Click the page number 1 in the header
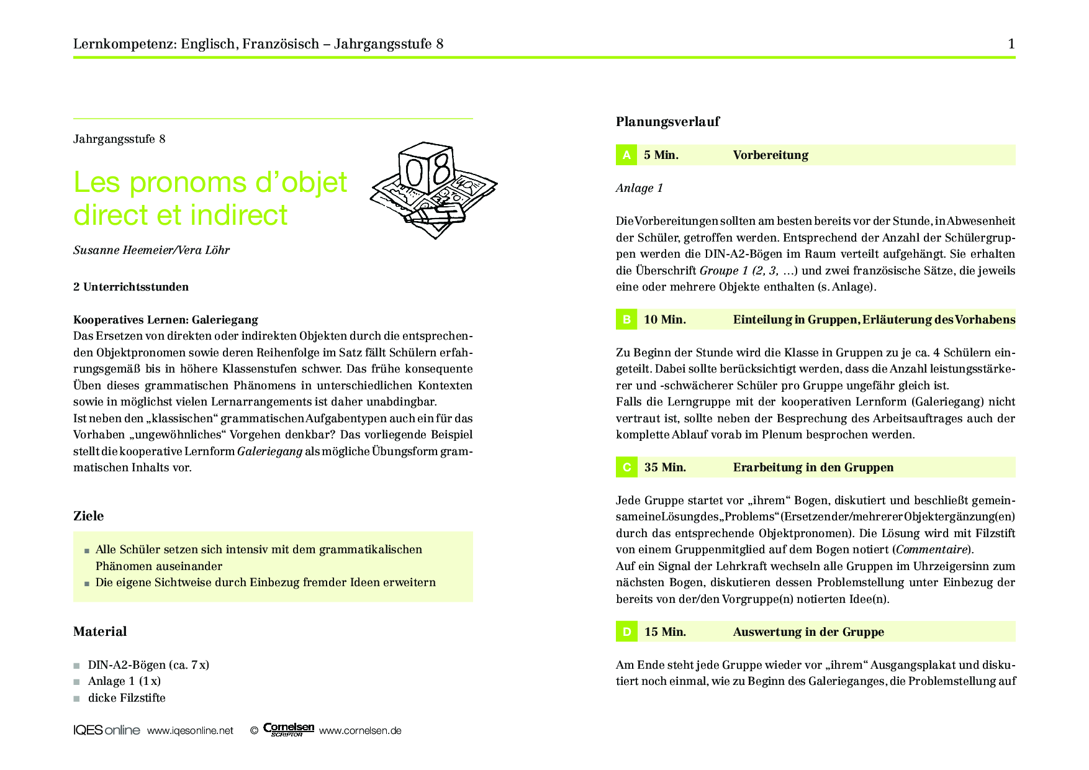[x=1011, y=43]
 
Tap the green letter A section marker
[x=626, y=155]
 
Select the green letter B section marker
[x=626, y=320]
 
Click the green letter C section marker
[x=626, y=468]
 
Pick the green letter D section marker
[x=626, y=632]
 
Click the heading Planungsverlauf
[x=667, y=122]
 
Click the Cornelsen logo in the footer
[x=289, y=730]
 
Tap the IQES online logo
[x=107, y=730]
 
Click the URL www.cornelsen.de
[x=360, y=731]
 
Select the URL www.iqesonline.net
[x=190, y=731]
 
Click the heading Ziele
[x=88, y=516]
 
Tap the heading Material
[x=100, y=632]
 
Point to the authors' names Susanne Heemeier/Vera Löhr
[x=151, y=250]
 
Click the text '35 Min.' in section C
[x=665, y=468]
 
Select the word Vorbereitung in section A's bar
[x=770, y=155]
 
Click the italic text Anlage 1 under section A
[x=639, y=188]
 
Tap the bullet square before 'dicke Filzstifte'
[x=77, y=699]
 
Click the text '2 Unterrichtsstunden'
[x=131, y=287]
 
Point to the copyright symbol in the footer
[x=254, y=731]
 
